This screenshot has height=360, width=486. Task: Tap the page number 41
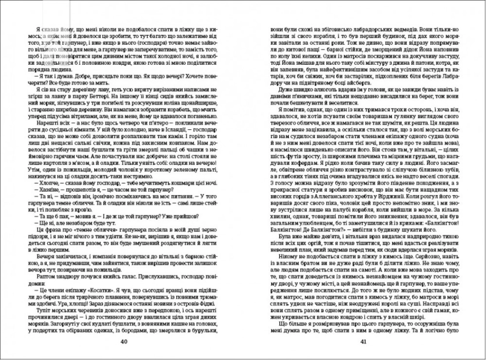click(x=363, y=341)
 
